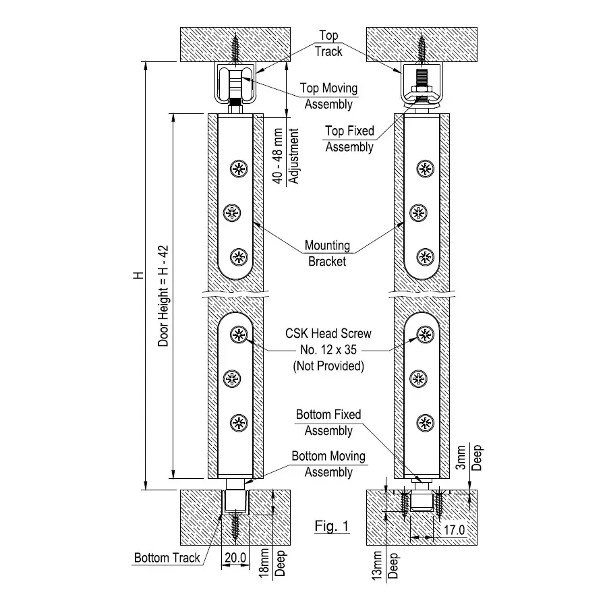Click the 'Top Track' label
click(328, 43)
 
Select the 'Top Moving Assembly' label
click(328, 96)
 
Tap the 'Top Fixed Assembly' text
click(349, 138)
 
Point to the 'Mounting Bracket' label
click(327, 253)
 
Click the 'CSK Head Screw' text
click(328, 334)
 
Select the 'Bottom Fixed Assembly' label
click(328, 422)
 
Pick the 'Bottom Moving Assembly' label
click(328, 464)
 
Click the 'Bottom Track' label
click(167, 558)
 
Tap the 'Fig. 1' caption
click(332, 526)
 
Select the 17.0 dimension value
click(453, 530)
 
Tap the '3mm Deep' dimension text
click(472, 457)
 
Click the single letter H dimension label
click(138, 275)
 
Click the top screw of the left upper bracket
click(238, 169)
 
